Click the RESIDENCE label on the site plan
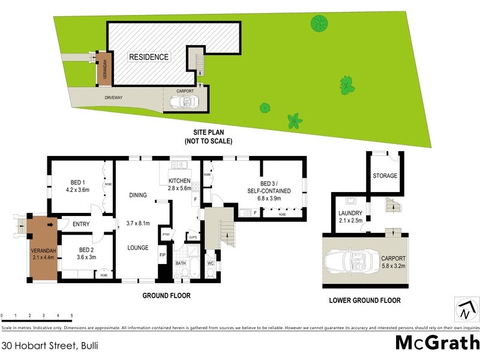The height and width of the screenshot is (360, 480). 149,57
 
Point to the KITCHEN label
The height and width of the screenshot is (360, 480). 179,181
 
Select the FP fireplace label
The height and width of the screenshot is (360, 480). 162,254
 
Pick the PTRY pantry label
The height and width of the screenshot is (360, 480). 166,235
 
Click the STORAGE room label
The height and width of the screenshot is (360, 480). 385,176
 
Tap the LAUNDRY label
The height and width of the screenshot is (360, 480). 350,213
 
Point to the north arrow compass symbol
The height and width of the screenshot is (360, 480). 466,310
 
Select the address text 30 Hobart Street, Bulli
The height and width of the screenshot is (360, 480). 50,346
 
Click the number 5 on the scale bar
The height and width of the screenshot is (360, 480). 72,315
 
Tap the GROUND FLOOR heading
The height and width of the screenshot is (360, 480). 166,296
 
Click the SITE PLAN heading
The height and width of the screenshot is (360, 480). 208,133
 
